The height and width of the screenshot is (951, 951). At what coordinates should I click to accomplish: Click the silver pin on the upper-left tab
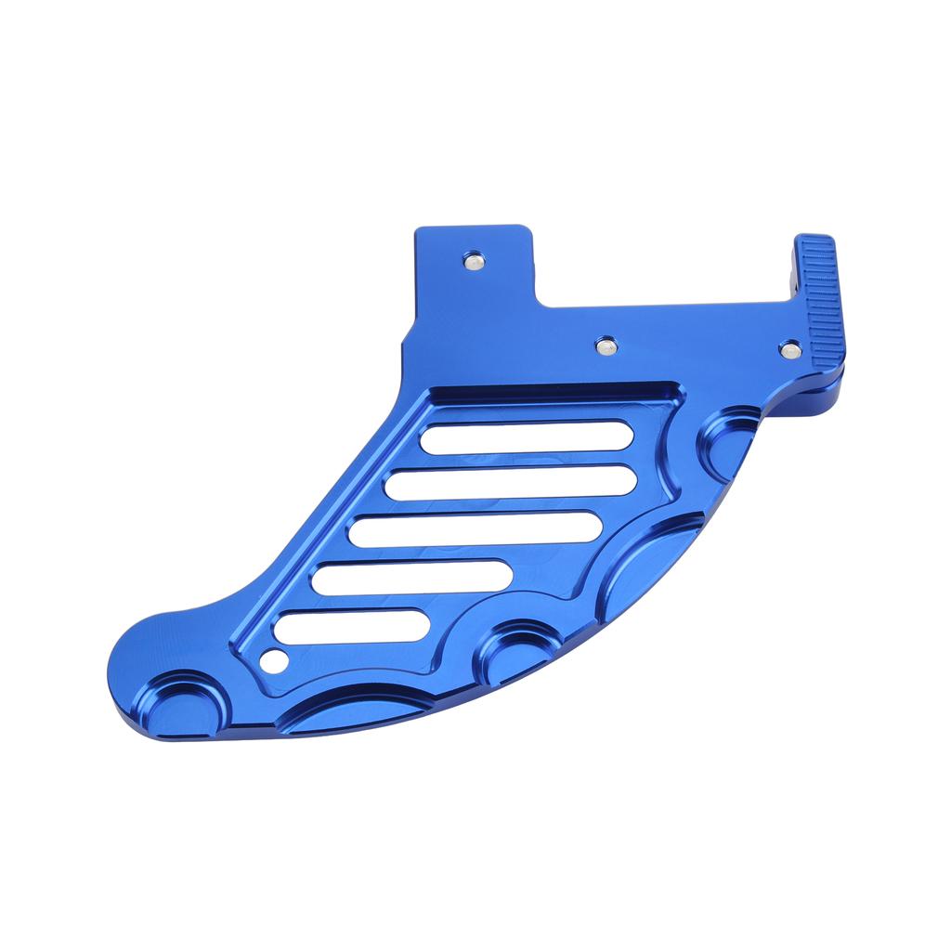(x=473, y=261)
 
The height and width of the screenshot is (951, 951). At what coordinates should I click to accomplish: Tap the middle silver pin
(x=606, y=345)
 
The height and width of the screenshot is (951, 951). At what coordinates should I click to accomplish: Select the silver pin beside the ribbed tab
(x=791, y=349)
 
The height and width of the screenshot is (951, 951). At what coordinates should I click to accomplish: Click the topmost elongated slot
(x=526, y=437)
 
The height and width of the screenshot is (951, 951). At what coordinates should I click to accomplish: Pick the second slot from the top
(x=511, y=482)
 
